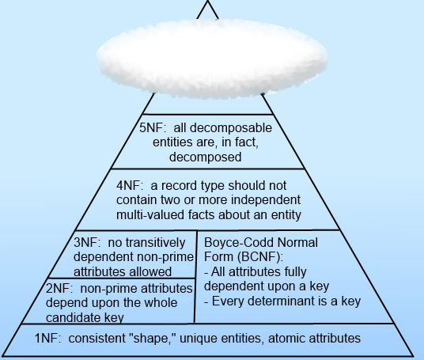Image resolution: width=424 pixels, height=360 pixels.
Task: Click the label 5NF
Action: [151, 127]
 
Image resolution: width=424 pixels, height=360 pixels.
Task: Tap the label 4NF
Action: [128, 186]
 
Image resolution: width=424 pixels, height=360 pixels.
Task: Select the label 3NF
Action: [85, 243]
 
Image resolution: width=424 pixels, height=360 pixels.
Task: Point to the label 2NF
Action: [58, 289]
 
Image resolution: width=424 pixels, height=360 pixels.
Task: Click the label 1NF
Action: [47, 339]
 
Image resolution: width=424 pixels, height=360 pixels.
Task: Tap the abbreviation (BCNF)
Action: [260, 257]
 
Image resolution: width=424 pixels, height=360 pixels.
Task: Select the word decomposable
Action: [231, 128]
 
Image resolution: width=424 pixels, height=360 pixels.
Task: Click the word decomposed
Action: [205, 157]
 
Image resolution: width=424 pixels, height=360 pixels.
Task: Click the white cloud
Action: [212, 58]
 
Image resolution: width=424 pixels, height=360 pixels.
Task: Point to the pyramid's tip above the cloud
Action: [208, 1]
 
